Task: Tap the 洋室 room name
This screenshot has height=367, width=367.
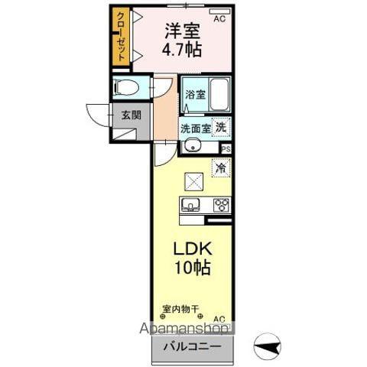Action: (x=182, y=33)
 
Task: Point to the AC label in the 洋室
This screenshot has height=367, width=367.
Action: (x=219, y=18)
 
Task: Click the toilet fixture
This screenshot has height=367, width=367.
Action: (x=126, y=87)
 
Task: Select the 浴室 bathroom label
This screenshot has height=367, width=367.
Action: (x=195, y=95)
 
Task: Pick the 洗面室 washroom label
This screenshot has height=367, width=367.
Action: (x=196, y=128)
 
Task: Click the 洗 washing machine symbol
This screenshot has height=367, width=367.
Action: (x=221, y=127)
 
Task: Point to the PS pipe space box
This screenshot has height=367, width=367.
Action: (x=226, y=148)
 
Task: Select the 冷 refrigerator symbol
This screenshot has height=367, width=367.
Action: (x=220, y=168)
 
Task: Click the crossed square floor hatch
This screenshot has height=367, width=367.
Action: (x=193, y=182)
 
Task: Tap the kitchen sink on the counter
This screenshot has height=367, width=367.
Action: (x=191, y=204)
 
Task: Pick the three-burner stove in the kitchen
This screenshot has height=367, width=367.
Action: (x=221, y=204)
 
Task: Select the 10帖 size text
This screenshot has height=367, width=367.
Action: (x=191, y=269)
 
